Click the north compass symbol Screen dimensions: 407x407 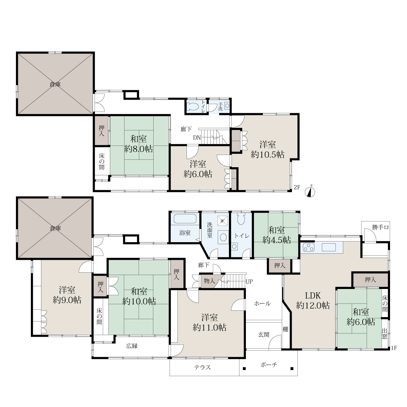(310, 192)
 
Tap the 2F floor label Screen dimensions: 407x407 (297, 187)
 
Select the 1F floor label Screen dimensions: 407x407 (394, 348)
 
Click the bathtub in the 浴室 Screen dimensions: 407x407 (185, 219)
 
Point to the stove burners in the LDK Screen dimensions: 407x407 (309, 247)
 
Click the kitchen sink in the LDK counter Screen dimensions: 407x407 (329, 247)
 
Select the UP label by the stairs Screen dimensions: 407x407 (249, 282)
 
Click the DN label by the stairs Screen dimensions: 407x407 (197, 138)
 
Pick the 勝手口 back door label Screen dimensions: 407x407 (381, 227)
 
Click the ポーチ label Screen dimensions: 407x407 (269, 365)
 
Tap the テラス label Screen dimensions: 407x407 (202, 367)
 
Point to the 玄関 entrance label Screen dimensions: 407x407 (264, 334)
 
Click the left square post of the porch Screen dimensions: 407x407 (244, 369)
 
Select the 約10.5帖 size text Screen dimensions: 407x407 (268, 155)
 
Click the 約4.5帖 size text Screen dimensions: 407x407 (277, 240)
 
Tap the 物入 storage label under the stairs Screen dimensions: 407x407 (210, 281)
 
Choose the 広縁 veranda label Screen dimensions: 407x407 (132, 346)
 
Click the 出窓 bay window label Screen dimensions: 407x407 (385, 333)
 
